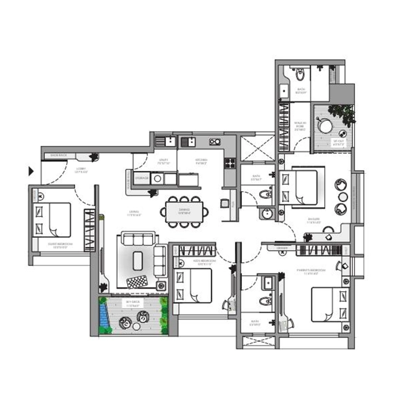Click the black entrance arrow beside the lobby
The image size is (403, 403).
pyautogui.click(x=31, y=170)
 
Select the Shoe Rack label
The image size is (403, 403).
pyautogui.click(x=59, y=155)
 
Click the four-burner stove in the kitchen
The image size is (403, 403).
pyautogui.click(x=230, y=163)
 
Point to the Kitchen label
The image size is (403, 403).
pyautogui.click(x=201, y=161)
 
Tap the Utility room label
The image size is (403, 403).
pyautogui.click(x=165, y=161)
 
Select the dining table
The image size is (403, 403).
pyautogui.click(x=184, y=210)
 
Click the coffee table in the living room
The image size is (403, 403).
pyautogui.click(x=138, y=260)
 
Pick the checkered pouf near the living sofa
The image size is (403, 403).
pyautogui.click(x=137, y=282)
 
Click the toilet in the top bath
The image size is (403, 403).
pyautogui.click(x=300, y=74)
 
